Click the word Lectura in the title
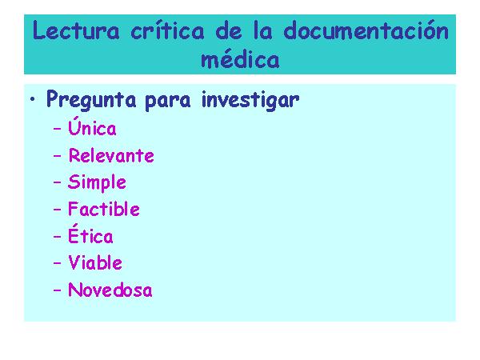(76, 30)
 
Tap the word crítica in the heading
(167, 30)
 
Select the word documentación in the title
(366, 30)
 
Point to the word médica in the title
(240, 58)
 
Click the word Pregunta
(91, 100)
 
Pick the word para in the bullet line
(167, 102)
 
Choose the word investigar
(250, 100)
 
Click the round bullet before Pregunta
(33, 99)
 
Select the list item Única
(92, 126)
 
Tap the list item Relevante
(111, 155)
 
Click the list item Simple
(97, 182)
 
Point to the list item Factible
(104, 209)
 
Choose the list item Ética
(90, 234)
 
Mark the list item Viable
(95, 262)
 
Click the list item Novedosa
(110, 290)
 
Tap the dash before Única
(58, 129)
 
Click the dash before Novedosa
(58, 290)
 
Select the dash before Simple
(58, 182)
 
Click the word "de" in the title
(229, 30)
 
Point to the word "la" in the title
(263, 30)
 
